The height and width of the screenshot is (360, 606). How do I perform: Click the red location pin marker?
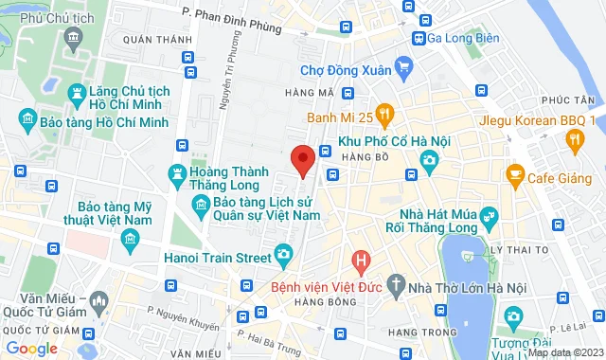(x=302, y=160)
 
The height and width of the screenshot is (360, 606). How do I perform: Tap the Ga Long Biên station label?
(x=464, y=38)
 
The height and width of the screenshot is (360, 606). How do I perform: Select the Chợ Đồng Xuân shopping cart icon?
(x=404, y=67)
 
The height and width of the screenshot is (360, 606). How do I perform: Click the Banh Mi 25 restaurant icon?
(x=384, y=117)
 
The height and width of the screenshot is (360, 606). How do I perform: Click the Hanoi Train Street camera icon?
(x=282, y=254)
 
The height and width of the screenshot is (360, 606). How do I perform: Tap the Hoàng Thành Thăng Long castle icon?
(x=175, y=173)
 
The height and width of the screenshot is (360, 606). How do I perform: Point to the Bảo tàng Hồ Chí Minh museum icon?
(x=27, y=118)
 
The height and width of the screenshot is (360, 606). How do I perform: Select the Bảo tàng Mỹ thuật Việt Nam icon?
(x=130, y=245)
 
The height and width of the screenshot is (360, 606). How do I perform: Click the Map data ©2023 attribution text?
(x=566, y=352)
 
